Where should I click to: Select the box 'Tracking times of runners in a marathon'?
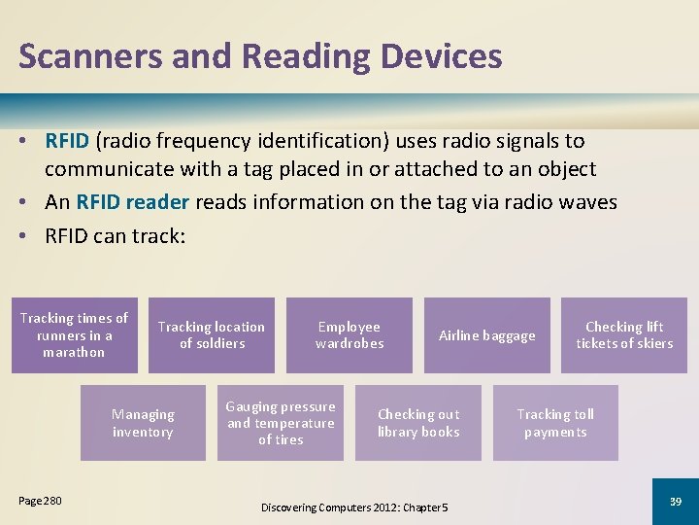click(74, 335)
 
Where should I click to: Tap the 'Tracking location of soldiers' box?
click(212, 335)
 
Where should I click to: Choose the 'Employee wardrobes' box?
click(349, 335)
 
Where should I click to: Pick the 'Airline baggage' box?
click(486, 335)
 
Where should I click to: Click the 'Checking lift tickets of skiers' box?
click(623, 335)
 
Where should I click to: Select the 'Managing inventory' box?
click(143, 423)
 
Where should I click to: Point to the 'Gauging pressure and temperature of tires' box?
click(281, 423)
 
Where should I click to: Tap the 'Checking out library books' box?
click(418, 423)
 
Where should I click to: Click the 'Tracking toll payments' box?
click(555, 423)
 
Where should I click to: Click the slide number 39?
click(675, 501)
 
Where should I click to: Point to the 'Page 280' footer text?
click(40, 501)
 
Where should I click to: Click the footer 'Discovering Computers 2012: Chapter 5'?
click(354, 507)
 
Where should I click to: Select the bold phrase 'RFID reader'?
click(136, 202)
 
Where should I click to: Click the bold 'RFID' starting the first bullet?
click(67, 142)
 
